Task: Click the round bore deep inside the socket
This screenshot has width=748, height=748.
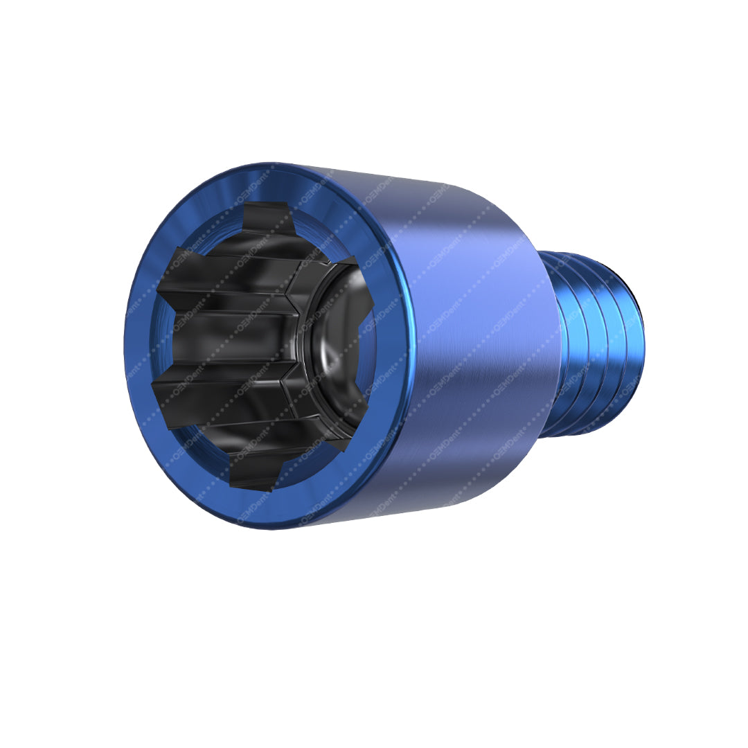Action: coord(339,346)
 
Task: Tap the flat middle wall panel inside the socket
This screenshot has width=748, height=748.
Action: coord(229,339)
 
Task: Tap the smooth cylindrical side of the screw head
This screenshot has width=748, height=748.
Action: coord(471,346)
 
